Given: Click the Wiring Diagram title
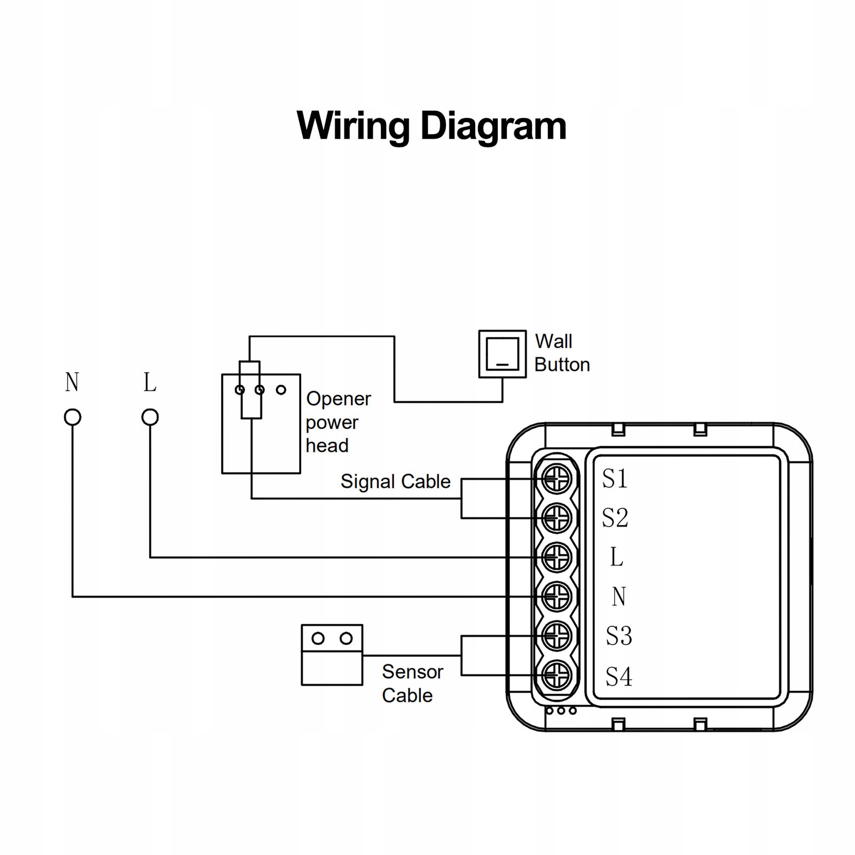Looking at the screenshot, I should [x=432, y=126].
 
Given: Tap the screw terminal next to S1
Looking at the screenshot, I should [x=556, y=479].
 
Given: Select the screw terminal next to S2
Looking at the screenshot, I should [x=556, y=518].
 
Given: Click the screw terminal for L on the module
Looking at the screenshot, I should [x=556, y=558].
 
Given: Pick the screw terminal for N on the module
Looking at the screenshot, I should [x=556, y=597].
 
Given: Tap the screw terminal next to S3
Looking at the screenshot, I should [x=556, y=636].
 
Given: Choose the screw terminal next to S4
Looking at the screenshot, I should [x=556, y=676].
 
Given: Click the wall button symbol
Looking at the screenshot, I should [x=502, y=354].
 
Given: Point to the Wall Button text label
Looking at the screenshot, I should [x=562, y=353].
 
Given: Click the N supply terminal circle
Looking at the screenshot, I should [x=73, y=417].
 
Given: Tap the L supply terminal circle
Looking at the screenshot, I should [x=150, y=417].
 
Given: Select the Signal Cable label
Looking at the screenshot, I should [x=395, y=482].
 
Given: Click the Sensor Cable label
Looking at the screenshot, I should [x=412, y=684].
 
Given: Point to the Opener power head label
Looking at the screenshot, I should [x=338, y=422].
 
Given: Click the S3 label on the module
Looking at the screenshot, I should [x=618, y=636].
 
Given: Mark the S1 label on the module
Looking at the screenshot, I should [x=615, y=479].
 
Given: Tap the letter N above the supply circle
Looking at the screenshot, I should [x=72, y=382].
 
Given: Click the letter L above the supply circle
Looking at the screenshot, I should [x=150, y=382].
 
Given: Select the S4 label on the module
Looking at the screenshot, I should [x=618, y=677].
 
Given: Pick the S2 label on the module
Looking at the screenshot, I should [x=615, y=518].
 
